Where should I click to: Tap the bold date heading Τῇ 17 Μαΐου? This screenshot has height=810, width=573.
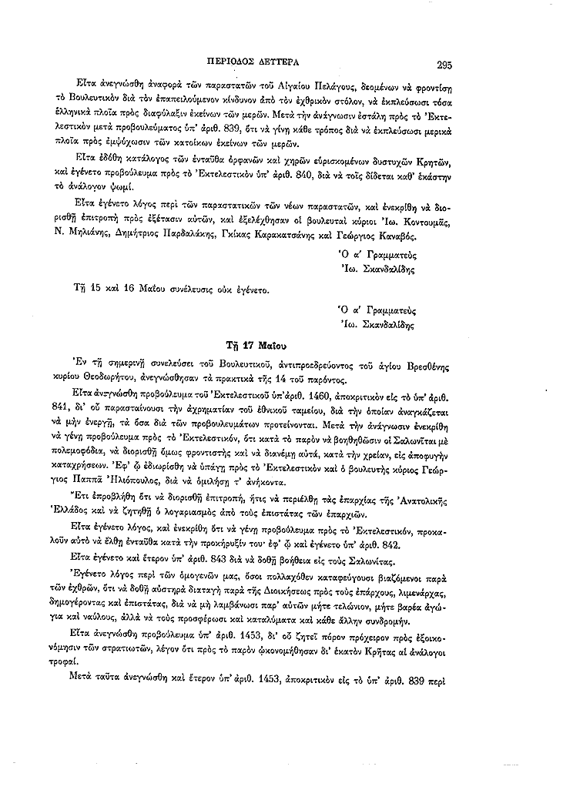pyautogui.click(x=257, y=344)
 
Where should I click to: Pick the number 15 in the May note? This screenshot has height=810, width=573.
pyautogui.click(x=92, y=291)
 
